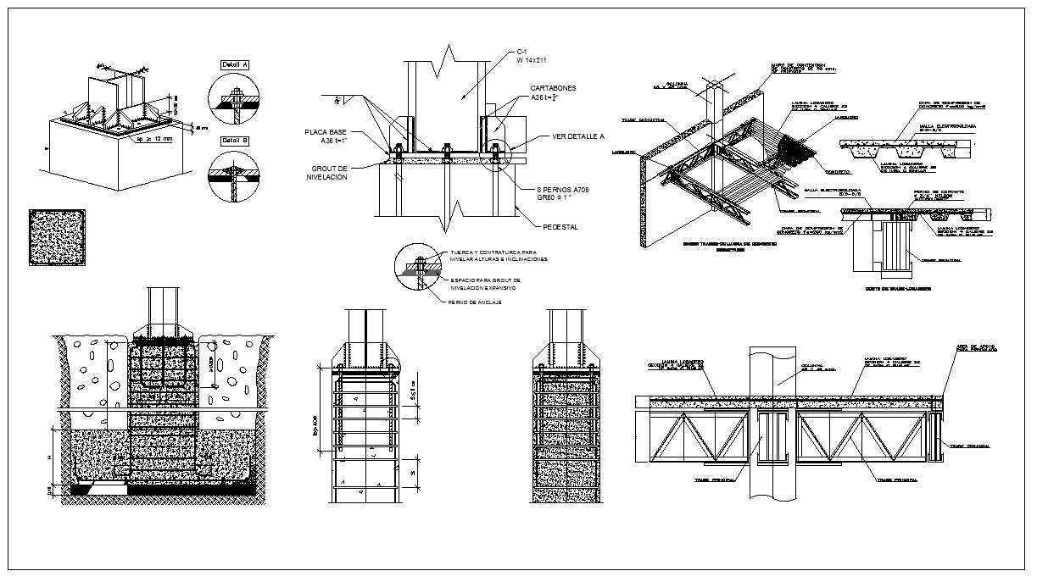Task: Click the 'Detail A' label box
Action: point(234,65)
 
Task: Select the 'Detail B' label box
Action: point(234,141)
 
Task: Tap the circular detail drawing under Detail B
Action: point(234,176)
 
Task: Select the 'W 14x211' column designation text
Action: point(533,60)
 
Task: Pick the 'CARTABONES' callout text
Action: point(555,88)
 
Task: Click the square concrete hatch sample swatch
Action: point(57,238)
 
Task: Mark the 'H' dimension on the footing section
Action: point(50,457)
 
